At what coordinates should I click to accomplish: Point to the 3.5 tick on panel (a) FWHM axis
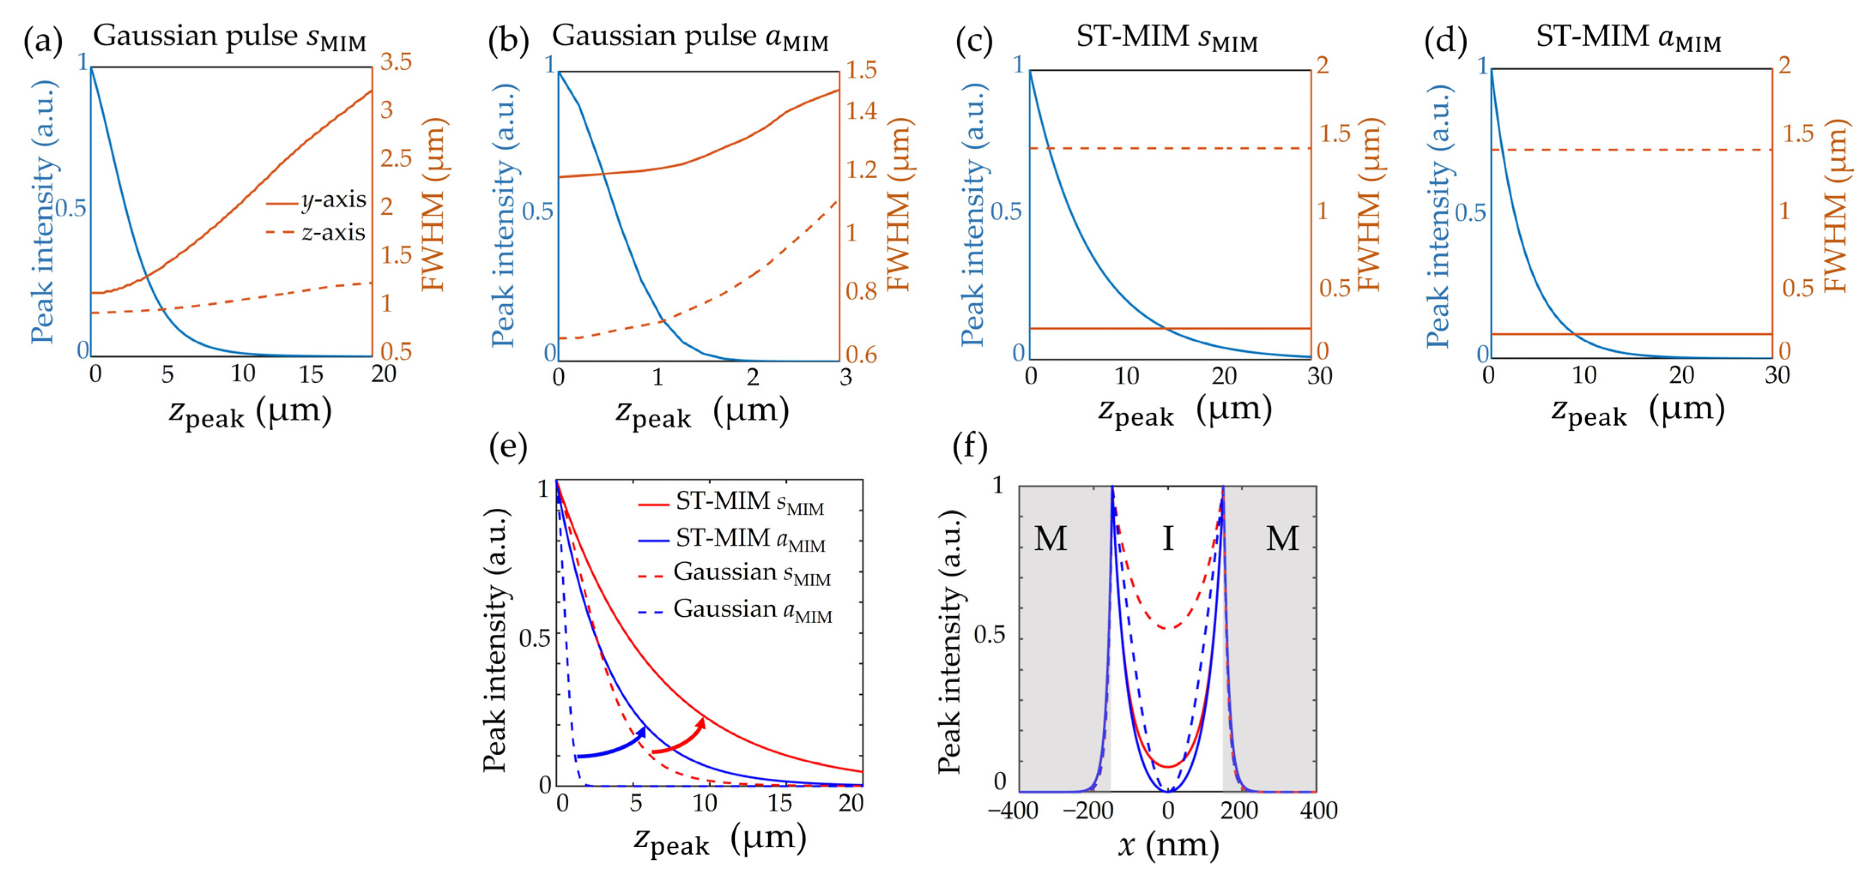pos(396,62)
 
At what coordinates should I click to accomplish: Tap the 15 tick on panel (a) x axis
pos(311,374)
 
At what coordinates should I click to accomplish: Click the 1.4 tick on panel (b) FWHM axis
pos(861,111)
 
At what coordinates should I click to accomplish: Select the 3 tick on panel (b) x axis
pos(845,377)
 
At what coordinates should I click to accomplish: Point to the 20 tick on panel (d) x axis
pos(1681,375)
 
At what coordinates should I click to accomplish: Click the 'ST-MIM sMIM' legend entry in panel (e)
pos(732,502)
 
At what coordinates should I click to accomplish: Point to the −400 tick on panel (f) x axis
pos(1013,810)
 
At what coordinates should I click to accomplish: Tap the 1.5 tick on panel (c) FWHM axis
pos(1334,134)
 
